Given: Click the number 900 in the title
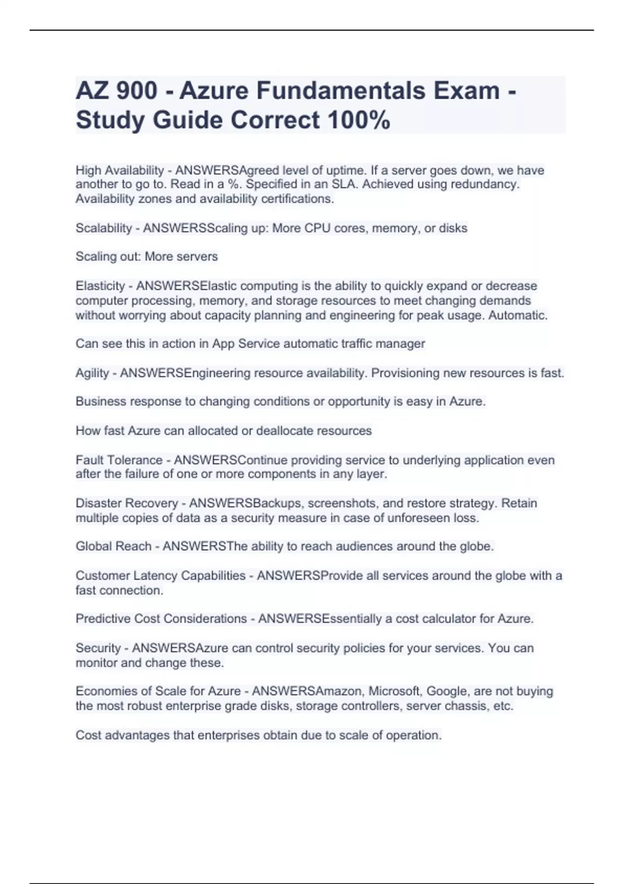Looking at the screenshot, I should coord(137,90).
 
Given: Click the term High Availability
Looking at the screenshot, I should coord(120,170).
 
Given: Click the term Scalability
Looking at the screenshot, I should coord(103,228).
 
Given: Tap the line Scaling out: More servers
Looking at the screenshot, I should coord(147,256).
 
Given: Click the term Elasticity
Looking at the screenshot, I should coord(100,286).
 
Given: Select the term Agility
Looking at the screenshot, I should coord(92,373).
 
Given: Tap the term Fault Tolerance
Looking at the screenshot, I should coord(119,460).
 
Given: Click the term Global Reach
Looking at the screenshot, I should coord(113,547).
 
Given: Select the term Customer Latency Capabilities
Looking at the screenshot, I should coord(160,576).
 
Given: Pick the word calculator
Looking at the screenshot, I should coord(449,619).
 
